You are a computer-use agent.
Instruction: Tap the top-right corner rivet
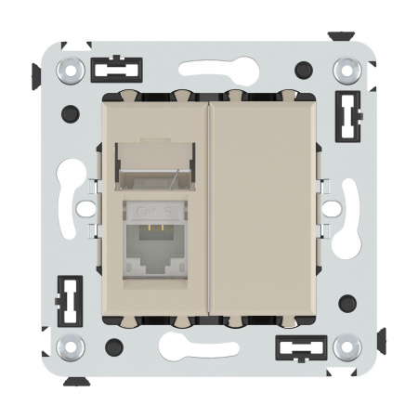[x=346, y=70]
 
